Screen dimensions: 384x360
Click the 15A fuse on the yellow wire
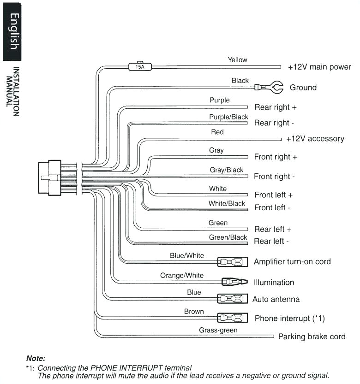139,66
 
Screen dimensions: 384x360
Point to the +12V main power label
319,67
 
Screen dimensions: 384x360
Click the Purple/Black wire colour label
228,117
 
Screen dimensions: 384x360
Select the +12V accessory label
315,139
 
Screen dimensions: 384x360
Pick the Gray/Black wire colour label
226,170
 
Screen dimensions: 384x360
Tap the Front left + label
273,195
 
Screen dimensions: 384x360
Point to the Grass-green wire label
218,330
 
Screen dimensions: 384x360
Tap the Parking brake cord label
312,337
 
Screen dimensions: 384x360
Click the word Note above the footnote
36,358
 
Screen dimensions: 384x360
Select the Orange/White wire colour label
181,276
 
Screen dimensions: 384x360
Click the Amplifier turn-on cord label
292,261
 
